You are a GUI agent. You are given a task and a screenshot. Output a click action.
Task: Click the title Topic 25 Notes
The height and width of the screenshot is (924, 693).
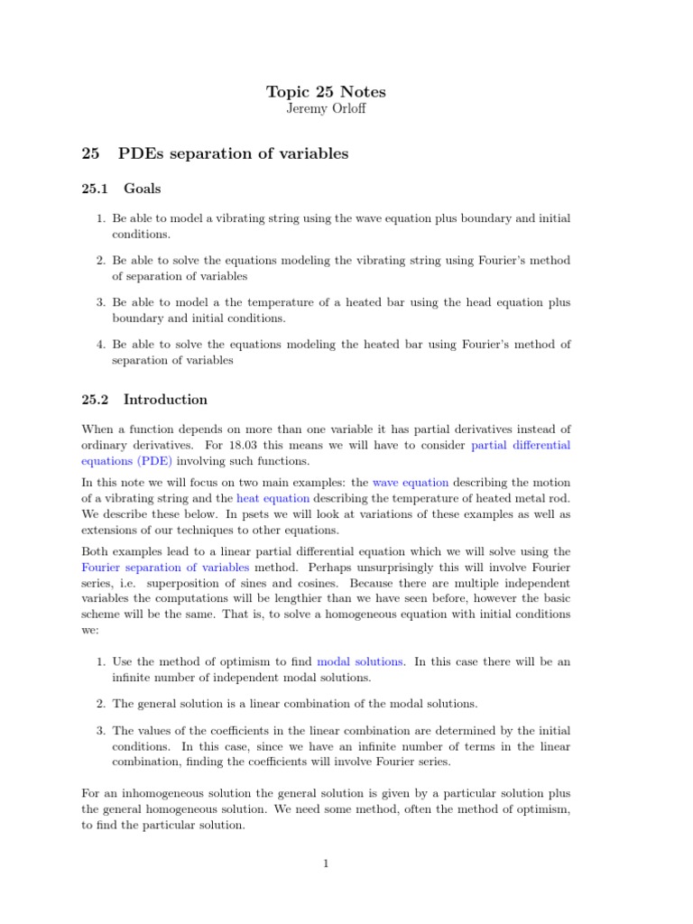coord(326,91)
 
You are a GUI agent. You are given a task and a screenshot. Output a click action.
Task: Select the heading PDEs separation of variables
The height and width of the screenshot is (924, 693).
coord(233,153)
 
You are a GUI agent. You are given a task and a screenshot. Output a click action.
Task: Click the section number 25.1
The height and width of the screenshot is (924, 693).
coord(95,189)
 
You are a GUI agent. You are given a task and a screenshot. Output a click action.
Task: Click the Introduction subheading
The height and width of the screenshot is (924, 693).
coord(165,400)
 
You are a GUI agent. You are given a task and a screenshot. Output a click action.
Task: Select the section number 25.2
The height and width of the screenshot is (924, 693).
coord(95,400)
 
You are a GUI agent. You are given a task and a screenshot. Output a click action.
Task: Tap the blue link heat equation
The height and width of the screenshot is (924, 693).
coord(273,498)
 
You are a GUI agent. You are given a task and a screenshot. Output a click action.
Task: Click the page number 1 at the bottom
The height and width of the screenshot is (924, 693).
coord(326,864)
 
